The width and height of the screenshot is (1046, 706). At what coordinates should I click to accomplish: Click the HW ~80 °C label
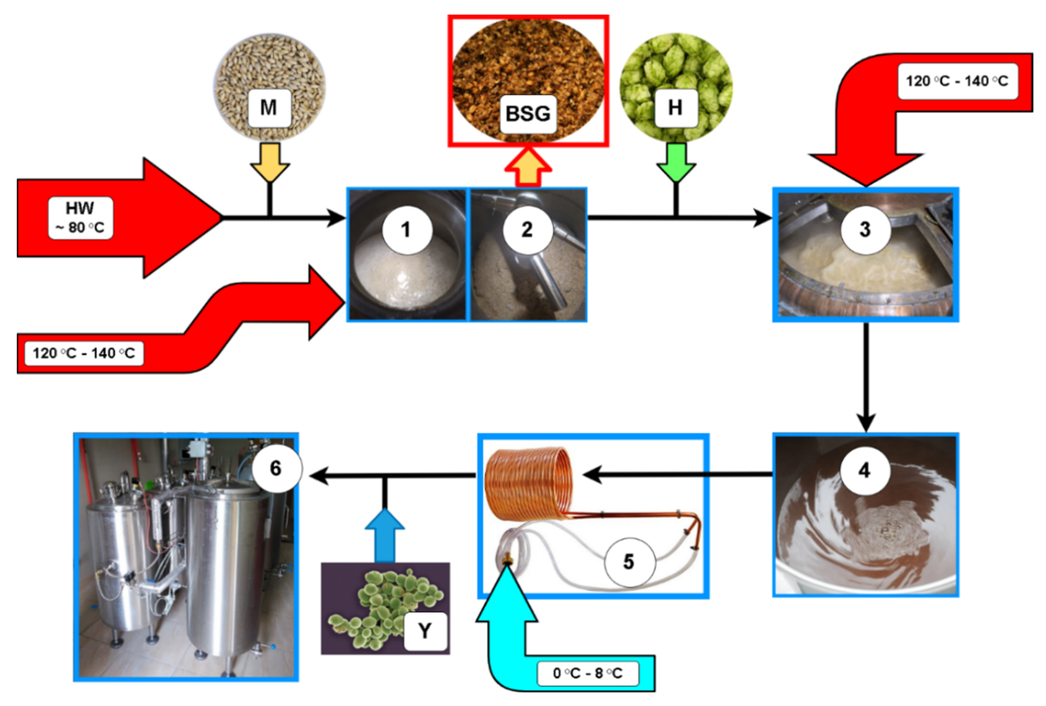click(x=80, y=218)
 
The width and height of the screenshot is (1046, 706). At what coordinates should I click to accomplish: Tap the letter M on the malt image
click(x=269, y=108)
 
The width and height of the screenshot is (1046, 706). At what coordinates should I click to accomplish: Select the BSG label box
click(x=528, y=113)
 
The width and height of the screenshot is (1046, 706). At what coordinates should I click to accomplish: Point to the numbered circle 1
click(x=406, y=230)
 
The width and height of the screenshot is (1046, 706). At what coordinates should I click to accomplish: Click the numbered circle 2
click(x=527, y=230)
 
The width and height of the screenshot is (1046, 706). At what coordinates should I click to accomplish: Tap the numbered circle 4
click(x=864, y=470)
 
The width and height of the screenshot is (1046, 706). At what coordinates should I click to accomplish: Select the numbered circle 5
click(x=629, y=562)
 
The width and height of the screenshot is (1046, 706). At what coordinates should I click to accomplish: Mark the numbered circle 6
click(x=276, y=468)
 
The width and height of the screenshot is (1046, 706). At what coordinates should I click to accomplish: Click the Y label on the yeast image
click(x=425, y=631)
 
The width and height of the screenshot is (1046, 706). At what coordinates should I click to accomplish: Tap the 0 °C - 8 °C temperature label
click(x=587, y=673)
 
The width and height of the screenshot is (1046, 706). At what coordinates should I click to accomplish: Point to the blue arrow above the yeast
click(x=384, y=535)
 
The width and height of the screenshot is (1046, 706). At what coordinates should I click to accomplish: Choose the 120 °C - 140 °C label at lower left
click(x=84, y=353)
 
